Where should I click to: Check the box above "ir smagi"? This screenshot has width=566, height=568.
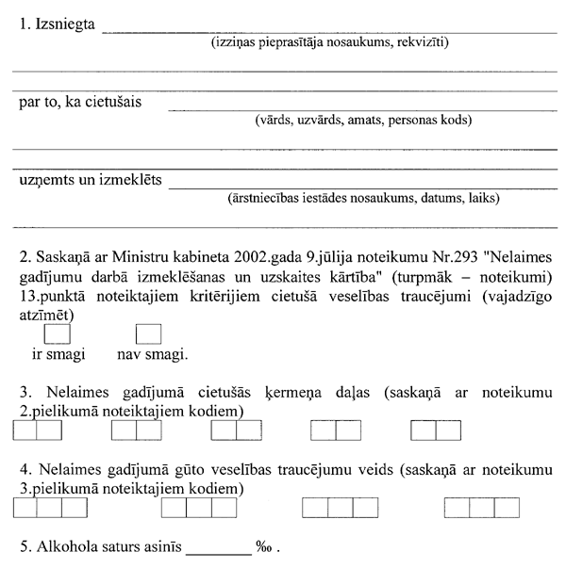pos(58,334)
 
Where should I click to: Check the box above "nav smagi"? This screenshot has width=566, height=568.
pos(149,334)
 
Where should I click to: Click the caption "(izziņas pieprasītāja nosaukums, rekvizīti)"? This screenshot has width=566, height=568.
pos(329,42)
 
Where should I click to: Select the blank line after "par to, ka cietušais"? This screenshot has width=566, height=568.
pos(362,108)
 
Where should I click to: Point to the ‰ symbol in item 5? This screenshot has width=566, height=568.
pos(264,546)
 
